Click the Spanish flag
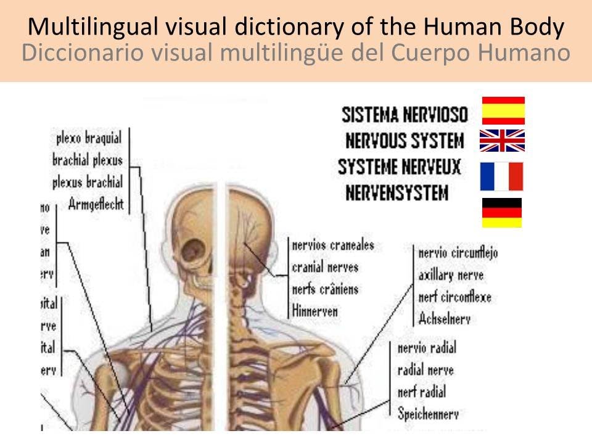503,111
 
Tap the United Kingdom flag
503,141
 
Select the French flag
502,176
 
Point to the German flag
502,213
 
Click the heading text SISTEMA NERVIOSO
405,115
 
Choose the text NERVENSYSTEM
397,194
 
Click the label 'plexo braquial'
89,138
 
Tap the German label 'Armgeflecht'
96,203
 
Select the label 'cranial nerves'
325,268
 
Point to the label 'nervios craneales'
333,245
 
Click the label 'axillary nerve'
451,275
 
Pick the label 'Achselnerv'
444,319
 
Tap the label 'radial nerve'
425,370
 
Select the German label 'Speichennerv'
428,414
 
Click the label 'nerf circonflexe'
454,297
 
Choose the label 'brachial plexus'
88,160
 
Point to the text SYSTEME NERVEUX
399,168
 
